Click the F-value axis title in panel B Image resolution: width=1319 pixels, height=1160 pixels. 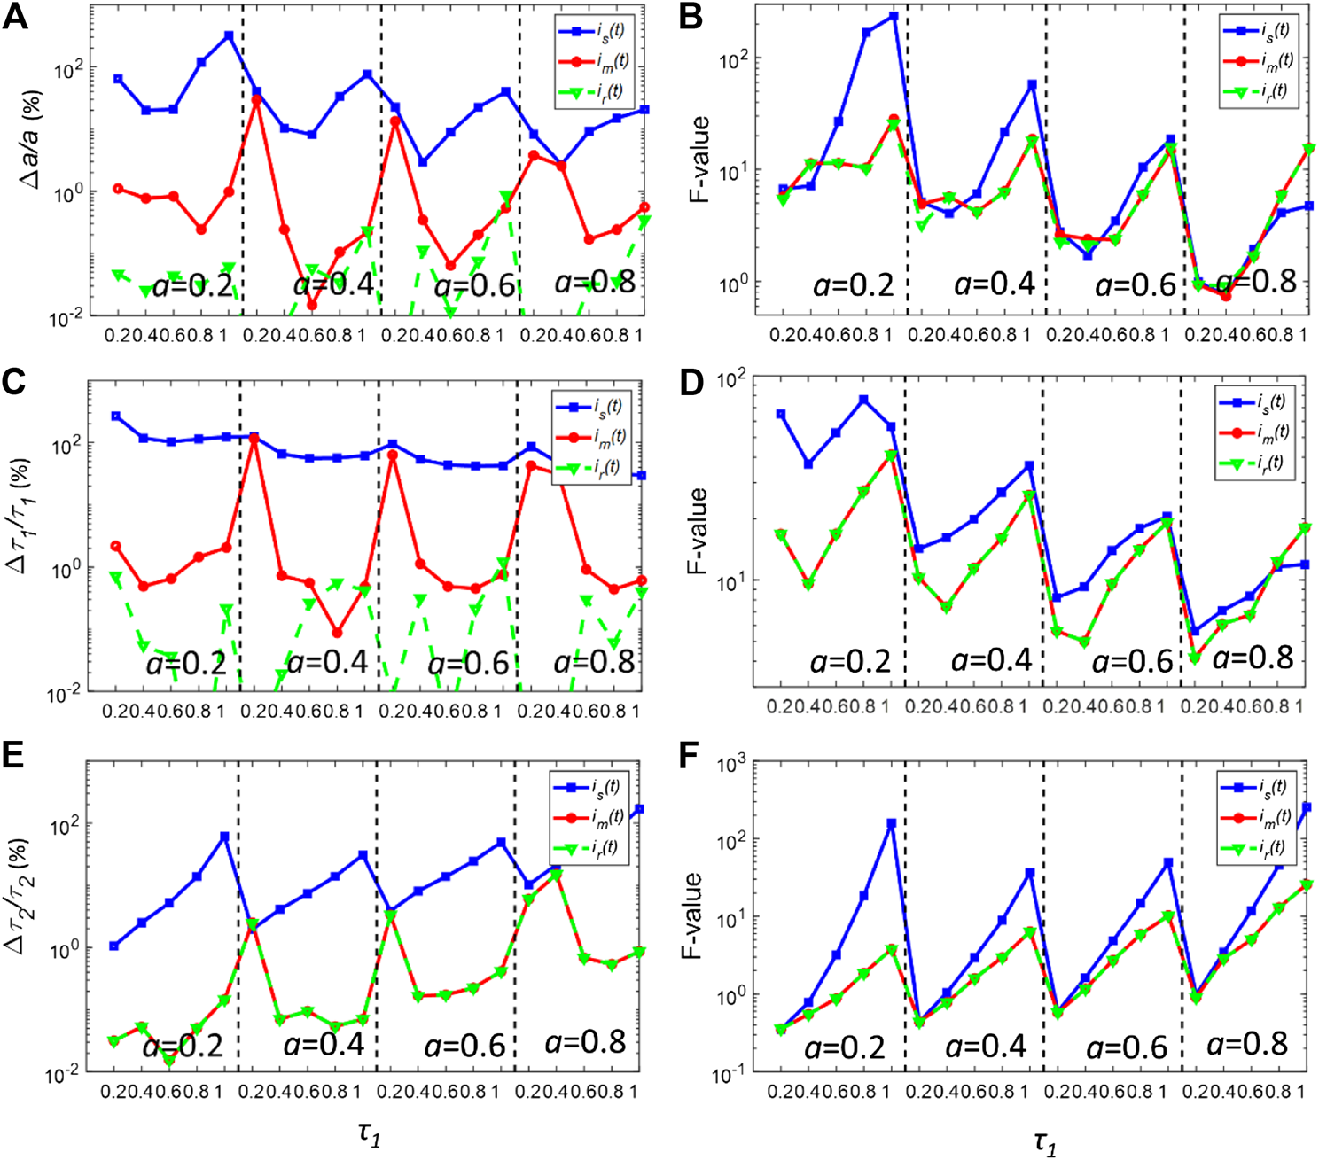click(700, 160)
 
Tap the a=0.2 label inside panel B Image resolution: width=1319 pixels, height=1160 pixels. click(854, 284)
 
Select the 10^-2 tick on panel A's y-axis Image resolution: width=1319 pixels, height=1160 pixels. click(63, 316)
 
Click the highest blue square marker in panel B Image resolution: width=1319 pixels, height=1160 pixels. click(894, 16)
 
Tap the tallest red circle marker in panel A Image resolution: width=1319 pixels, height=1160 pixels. click(256, 99)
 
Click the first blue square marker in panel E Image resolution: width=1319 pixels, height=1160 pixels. click(113, 946)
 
